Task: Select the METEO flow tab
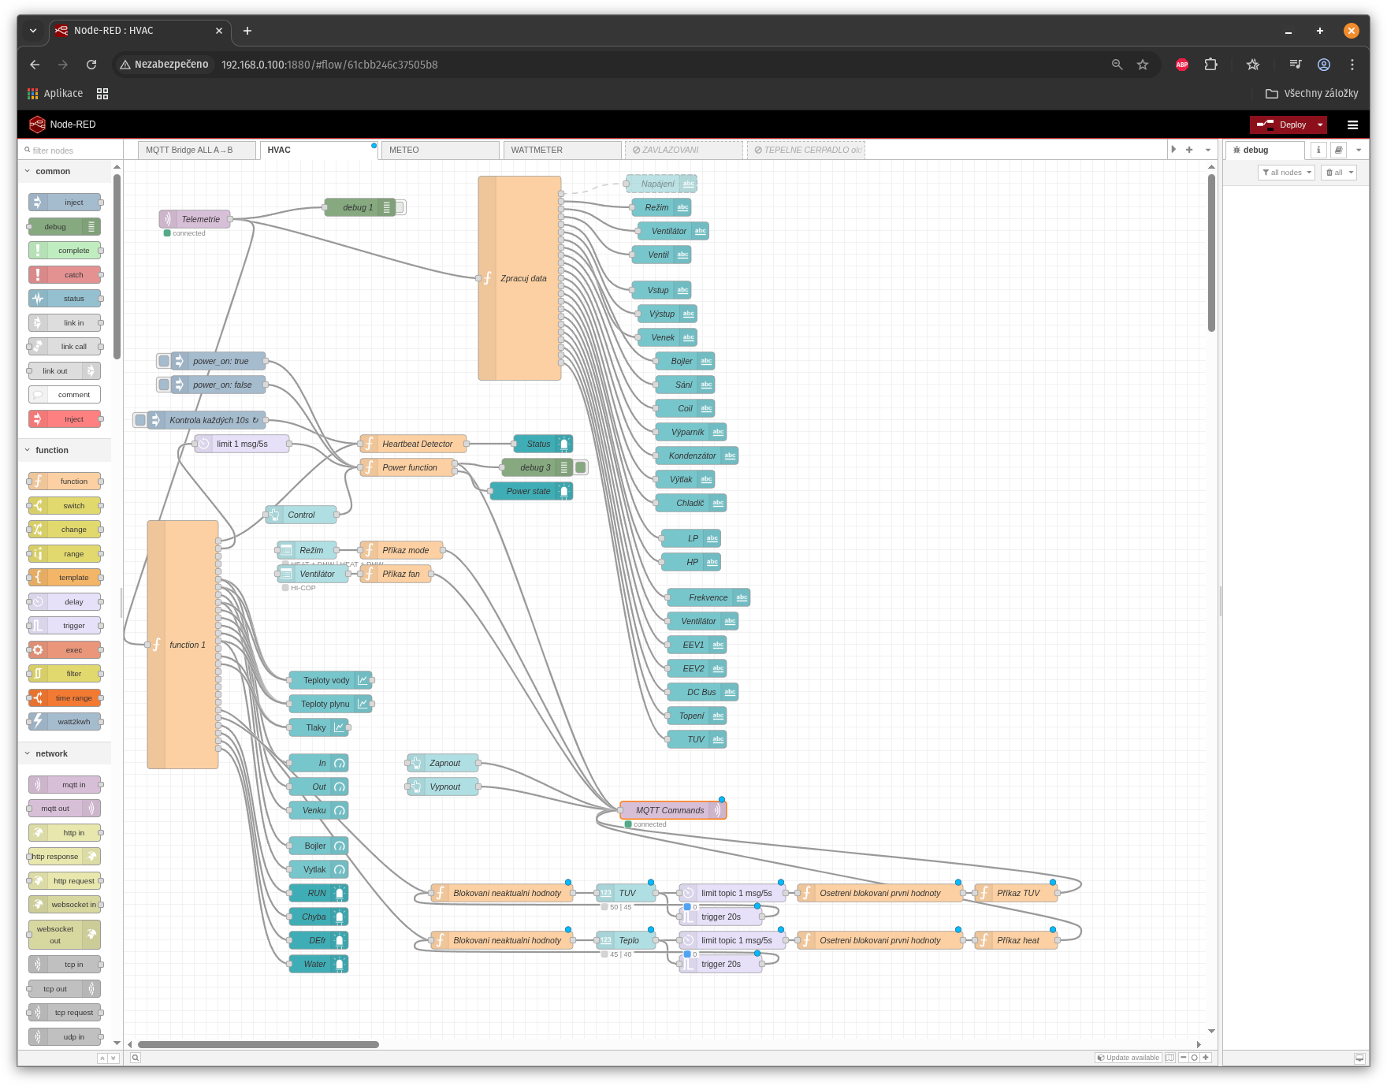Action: point(438,150)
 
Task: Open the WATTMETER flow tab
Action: point(560,150)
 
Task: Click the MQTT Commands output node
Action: point(670,810)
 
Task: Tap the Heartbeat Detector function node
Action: point(416,444)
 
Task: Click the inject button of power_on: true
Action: point(164,361)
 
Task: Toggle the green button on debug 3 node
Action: point(581,467)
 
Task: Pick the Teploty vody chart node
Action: point(327,680)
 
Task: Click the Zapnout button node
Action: point(444,763)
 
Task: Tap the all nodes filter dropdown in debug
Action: point(1286,173)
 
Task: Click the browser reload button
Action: point(91,65)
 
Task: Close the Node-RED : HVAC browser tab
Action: point(219,31)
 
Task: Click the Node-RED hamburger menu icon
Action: point(1352,125)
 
